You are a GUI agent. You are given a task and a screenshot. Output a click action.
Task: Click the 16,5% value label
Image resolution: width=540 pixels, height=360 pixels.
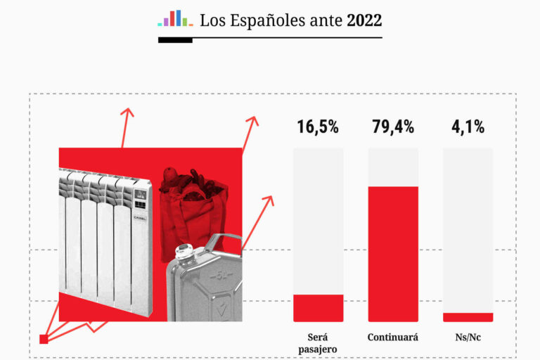318,127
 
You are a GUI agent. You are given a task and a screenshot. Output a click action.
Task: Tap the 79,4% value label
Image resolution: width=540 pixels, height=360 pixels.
393,127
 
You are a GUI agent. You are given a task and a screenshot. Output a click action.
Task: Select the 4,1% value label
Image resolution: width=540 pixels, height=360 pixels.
468,127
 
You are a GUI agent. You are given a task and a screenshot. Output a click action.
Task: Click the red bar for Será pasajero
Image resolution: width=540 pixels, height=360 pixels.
318,308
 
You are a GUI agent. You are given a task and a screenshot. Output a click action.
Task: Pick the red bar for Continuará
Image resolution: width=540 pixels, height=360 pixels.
393,253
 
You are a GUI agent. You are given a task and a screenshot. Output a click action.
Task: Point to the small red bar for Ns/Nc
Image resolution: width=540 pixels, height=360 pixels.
468,317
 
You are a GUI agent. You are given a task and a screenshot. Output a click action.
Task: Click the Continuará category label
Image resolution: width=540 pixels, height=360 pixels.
393,337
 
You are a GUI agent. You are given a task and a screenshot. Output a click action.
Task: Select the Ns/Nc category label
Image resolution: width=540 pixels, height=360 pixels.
468,337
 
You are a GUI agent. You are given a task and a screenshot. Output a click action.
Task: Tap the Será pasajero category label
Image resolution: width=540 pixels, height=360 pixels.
318,343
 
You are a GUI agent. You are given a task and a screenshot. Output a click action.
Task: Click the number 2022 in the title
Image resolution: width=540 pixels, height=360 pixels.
364,20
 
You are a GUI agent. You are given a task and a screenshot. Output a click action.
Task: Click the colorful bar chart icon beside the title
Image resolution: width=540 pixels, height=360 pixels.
175,18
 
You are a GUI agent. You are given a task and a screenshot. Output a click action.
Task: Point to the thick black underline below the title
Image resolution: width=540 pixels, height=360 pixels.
175,39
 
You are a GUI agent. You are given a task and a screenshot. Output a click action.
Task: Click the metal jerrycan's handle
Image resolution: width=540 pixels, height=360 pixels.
226,243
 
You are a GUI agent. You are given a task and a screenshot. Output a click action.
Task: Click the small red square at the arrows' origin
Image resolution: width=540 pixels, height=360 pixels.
44,339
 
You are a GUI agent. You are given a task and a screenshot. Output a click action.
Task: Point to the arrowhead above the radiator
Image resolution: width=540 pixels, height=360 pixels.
127,112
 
